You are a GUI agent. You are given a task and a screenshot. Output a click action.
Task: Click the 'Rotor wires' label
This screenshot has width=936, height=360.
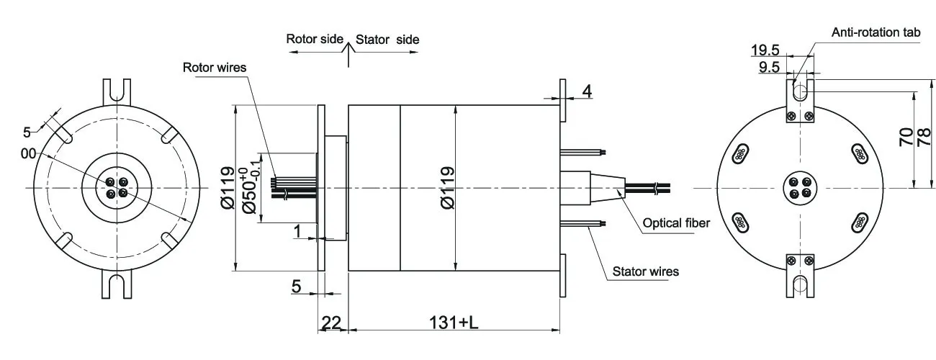[x=215, y=68]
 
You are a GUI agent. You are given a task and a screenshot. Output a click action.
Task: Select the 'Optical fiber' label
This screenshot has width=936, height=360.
[x=676, y=223]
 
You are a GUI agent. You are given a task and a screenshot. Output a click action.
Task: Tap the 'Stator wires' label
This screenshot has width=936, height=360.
[x=645, y=272]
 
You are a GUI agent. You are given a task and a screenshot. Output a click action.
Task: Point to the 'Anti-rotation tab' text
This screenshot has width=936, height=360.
[x=876, y=32]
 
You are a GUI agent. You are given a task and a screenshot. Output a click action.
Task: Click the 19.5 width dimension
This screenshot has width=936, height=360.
[x=765, y=50]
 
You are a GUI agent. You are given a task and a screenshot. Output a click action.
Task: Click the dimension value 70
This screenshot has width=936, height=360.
[x=906, y=137]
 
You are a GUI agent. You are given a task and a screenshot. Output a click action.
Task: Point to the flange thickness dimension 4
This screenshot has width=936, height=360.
[x=587, y=91]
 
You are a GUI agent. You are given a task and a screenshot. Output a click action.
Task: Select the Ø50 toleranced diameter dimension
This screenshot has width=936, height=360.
[x=249, y=189]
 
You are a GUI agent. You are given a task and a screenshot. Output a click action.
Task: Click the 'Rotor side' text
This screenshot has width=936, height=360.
[x=315, y=39]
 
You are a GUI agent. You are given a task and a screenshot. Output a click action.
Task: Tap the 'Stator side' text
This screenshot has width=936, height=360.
[x=387, y=39]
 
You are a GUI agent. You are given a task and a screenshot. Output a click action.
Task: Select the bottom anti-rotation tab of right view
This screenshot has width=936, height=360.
[x=800, y=276]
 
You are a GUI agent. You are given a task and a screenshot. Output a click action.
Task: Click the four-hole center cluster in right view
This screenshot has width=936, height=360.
[x=800, y=188]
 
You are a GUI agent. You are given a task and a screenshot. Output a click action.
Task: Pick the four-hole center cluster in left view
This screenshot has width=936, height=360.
[x=116, y=188]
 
